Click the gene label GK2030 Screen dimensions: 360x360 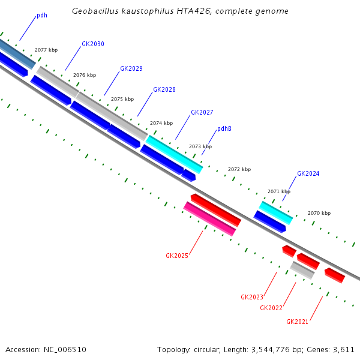point(93,44)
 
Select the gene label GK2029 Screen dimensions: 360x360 point(131,68)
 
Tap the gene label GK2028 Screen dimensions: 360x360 point(164,89)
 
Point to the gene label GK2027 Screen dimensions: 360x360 point(202,112)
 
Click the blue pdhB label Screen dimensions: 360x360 point(224,128)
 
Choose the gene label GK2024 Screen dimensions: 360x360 point(308,173)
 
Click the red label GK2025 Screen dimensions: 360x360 point(177,256)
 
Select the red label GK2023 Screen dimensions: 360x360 point(252,297)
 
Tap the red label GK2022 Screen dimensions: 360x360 point(271,308)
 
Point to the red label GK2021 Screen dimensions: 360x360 point(298,322)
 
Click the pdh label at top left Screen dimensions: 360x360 point(42,15)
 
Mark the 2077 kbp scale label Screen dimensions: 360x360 point(46,50)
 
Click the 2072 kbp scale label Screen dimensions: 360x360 point(239,169)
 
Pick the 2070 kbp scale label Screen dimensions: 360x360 point(319,213)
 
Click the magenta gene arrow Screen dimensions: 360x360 point(209,218)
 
